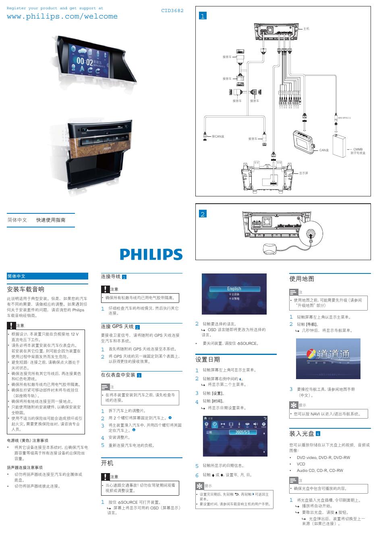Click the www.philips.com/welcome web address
pos(62,17)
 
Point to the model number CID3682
pos(172,10)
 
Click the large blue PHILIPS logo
pos(151,254)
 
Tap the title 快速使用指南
pos(51,220)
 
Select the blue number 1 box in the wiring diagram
pos(203,16)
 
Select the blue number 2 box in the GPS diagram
pos(203,214)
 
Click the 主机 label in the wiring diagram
pos(306,29)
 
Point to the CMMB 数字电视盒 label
pos(358,151)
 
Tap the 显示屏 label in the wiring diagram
pos(303,173)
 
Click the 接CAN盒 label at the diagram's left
pos(218,136)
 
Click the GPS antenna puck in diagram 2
pos(269,248)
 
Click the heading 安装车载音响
pos(26,289)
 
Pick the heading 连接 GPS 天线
pos(117,326)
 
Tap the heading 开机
pos(107,463)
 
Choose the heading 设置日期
pos(207,359)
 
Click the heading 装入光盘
pos(302,434)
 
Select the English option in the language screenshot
pos(234,289)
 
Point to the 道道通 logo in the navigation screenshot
pos(328,355)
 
